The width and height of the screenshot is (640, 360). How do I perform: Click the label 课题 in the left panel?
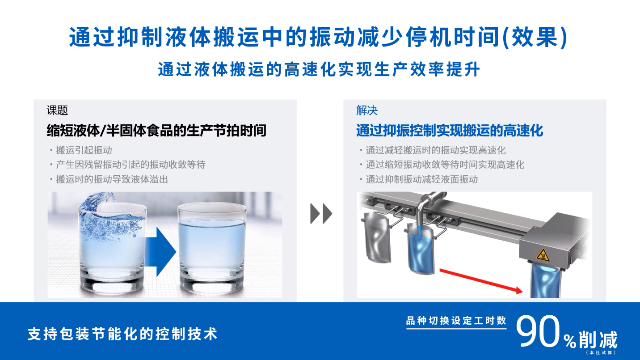pyautogui.click(x=57, y=110)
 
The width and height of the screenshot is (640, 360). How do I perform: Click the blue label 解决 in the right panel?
pyautogui.click(x=367, y=110)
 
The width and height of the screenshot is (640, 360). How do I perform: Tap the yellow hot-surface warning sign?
pyautogui.click(x=543, y=255)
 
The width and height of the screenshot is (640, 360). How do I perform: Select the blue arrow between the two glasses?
pyautogui.click(x=160, y=252)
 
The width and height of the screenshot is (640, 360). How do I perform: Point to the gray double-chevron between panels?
pyautogui.click(x=321, y=213)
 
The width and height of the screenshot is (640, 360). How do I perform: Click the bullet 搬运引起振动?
pyautogui.click(x=84, y=150)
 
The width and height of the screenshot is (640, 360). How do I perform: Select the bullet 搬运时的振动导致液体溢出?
pyautogui.click(x=112, y=179)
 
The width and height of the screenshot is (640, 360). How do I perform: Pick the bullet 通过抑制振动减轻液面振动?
pyautogui.click(x=422, y=179)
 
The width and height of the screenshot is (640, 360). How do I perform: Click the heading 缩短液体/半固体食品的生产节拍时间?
pyautogui.click(x=156, y=131)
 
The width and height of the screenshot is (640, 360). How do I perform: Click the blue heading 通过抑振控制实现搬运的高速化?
pyautogui.click(x=450, y=131)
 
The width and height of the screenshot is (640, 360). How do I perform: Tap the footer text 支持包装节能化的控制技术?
pyautogui.click(x=122, y=334)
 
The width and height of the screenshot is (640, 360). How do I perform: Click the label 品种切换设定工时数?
pyautogui.click(x=456, y=321)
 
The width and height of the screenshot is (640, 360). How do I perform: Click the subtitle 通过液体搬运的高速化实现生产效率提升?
pyautogui.click(x=319, y=69)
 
